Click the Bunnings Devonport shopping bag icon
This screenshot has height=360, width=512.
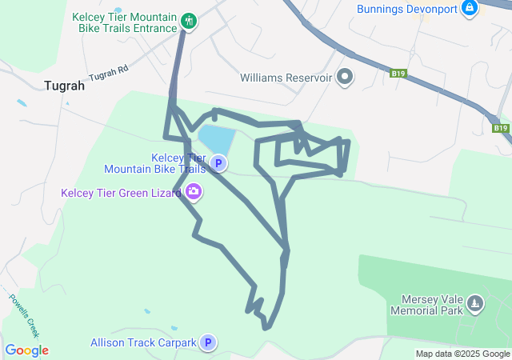(x=470, y=9)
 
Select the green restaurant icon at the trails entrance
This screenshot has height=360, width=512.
(x=189, y=20)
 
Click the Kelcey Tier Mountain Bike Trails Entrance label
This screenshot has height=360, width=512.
(x=125, y=22)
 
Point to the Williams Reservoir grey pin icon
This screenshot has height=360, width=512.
(x=345, y=77)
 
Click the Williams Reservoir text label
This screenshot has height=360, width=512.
(x=285, y=78)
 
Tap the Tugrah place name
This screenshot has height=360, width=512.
(x=65, y=86)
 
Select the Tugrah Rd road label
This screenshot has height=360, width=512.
(x=109, y=74)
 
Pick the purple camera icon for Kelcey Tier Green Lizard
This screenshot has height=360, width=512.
(x=193, y=192)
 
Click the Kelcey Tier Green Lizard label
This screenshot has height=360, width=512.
(x=121, y=193)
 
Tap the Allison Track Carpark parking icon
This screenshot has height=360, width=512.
(x=208, y=342)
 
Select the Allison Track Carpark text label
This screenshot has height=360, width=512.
(x=143, y=343)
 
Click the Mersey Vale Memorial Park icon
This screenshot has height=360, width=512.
(x=475, y=303)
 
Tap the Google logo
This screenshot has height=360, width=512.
(x=26, y=350)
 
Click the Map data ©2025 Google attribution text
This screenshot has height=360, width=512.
(x=462, y=354)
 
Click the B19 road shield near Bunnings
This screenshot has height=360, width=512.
(x=398, y=74)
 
